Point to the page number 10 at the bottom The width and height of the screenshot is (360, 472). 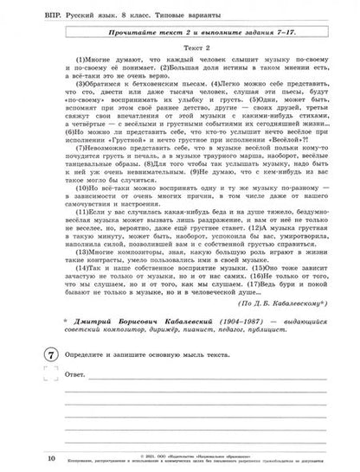[x=29, y=456]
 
